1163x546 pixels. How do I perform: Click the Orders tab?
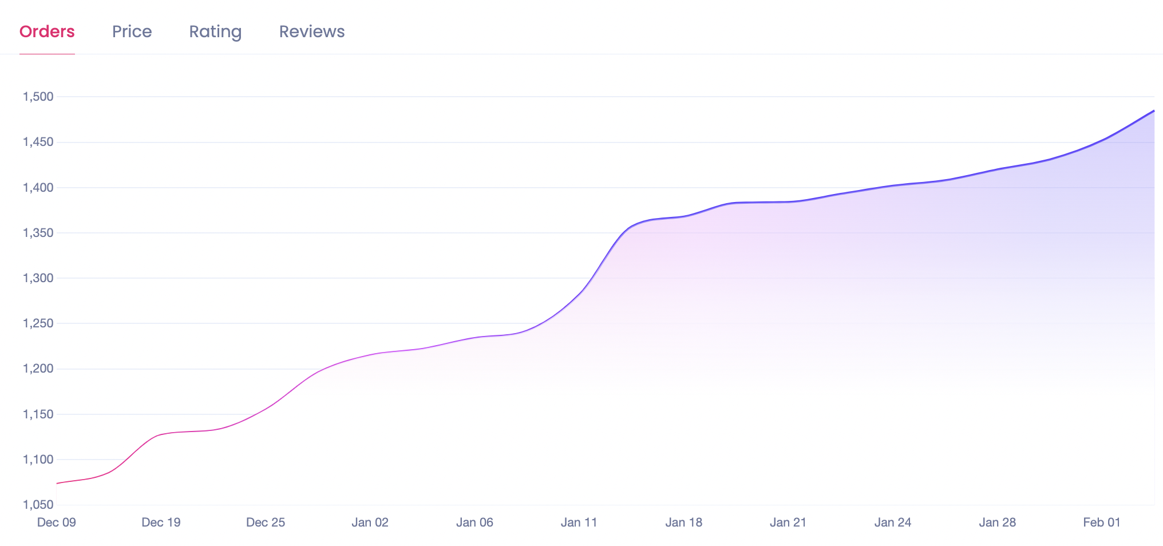coord(47,31)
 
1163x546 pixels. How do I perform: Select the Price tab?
coord(132,31)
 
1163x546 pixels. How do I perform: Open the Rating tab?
coord(215,31)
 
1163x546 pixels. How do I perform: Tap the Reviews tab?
coord(312,31)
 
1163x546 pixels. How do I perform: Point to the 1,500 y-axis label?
coord(38,97)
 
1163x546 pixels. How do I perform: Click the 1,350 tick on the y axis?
coord(38,233)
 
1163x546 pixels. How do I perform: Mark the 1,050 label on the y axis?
coord(38,505)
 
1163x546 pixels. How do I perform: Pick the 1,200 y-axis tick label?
coord(38,369)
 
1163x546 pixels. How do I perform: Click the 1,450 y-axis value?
coord(38,142)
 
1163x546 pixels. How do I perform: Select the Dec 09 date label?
coord(57,523)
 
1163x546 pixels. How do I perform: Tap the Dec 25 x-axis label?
coord(266,523)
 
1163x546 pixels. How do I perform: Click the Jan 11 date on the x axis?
coord(579,523)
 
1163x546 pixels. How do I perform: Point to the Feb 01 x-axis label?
coord(1102,523)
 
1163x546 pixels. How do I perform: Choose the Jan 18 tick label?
coord(683,523)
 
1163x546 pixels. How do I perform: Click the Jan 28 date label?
coord(997,523)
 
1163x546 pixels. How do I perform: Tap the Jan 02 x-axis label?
coord(370,523)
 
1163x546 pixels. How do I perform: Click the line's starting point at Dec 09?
coord(57,483)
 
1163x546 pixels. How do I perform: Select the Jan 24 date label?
coord(893,523)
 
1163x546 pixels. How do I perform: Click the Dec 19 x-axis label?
coord(161,523)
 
